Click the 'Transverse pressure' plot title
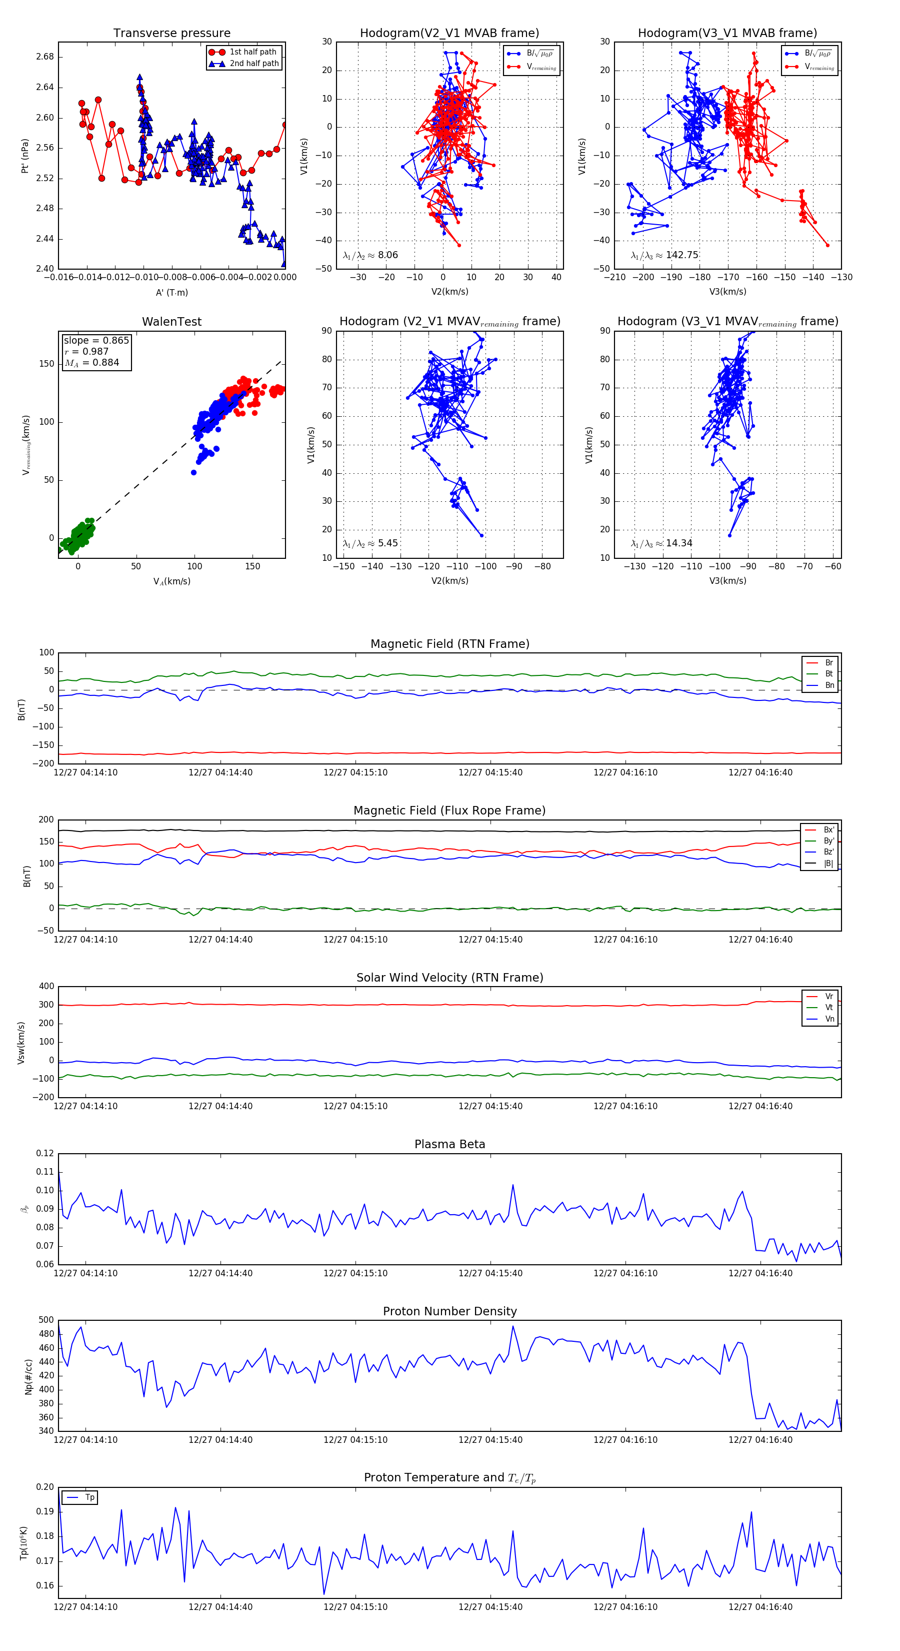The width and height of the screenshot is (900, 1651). (171, 34)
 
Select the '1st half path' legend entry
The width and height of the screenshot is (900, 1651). (253, 52)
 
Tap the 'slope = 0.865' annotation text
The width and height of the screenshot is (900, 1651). (96, 340)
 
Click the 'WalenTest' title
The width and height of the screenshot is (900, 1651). (171, 322)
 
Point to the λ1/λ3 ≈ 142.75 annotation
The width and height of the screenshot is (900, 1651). (664, 255)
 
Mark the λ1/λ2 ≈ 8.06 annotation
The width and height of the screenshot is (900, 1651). (370, 255)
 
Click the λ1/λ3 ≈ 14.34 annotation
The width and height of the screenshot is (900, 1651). (661, 543)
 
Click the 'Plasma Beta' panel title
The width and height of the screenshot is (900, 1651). (449, 1144)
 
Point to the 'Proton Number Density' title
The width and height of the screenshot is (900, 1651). (449, 1311)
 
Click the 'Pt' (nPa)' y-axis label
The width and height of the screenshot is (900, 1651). (25, 156)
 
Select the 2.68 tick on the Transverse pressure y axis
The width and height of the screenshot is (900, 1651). (45, 57)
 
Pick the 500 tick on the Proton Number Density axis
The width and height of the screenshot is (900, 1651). (46, 1320)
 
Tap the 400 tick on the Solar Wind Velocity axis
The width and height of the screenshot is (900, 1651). (46, 987)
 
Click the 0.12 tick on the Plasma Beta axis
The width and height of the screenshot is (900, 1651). (45, 1153)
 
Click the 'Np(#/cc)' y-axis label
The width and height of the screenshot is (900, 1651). (28, 1376)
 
